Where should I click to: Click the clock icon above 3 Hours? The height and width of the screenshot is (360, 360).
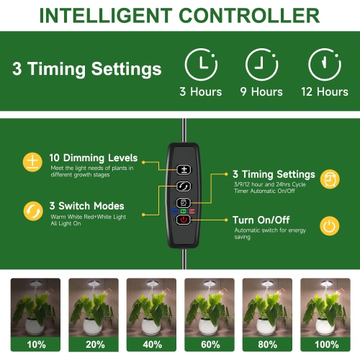(x=201, y=65)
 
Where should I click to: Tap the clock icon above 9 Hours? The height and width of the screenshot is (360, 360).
(x=261, y=65)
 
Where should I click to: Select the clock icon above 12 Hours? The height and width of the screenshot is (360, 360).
(x=323, y=65)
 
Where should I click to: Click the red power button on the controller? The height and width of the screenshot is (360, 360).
(x=184, y=220)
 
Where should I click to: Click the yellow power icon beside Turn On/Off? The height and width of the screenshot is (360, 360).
(x=329, y=226)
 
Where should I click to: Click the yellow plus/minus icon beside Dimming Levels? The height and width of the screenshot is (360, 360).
(x=31, y=161)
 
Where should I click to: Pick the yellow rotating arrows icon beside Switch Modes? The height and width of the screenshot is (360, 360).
(x=31, y=211)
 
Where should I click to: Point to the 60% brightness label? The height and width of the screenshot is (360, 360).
(x=210, y=345)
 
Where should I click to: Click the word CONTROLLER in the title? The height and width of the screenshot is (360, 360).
(x=243, y=15)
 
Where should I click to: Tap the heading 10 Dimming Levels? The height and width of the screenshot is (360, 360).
(x=94, y=158)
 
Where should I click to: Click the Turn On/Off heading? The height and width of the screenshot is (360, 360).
(x=261, y=220)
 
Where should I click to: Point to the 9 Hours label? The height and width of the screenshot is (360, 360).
(x=261, y=92)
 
